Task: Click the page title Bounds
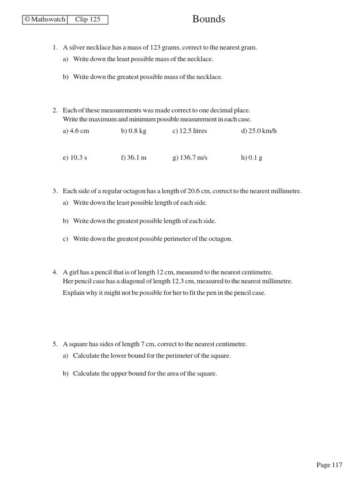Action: tap(209, 19)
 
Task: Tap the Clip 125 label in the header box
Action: tap(88, 20)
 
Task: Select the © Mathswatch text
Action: tap(45, 20)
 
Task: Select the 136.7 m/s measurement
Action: tap(190, 158)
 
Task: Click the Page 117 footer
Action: tap(329, 465)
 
